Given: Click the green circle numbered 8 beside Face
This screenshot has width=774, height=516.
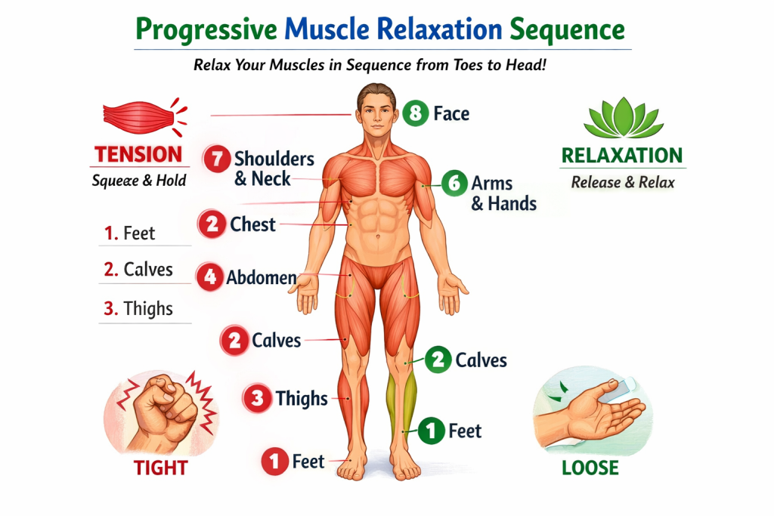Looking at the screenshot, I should [x=415, y=113].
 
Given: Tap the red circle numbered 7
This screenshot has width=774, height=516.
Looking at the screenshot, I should [x=217, y=159].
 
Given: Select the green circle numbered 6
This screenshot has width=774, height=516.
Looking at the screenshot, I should [x=454, y=184].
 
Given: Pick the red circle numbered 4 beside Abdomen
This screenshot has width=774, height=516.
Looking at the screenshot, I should [x=209, y=277].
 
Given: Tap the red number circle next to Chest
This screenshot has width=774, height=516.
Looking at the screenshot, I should [x=212, y=224].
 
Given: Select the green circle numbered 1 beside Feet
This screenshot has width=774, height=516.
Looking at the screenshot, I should [x=431, y=431].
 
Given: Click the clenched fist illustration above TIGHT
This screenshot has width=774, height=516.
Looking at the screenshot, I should [x=159, y=412].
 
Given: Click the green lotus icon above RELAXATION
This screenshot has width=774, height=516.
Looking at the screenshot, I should [x=621, y=120].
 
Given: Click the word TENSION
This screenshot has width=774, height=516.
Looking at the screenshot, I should [x=138, y=155].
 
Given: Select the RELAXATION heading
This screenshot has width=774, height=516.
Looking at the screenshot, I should [x=621, y=156].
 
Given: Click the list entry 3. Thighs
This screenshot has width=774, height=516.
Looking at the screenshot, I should [x=138, y=309].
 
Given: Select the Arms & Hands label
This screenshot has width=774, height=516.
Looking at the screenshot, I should [x=503, y=193].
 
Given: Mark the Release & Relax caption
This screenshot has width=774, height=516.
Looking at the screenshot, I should [x=623, y=182].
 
